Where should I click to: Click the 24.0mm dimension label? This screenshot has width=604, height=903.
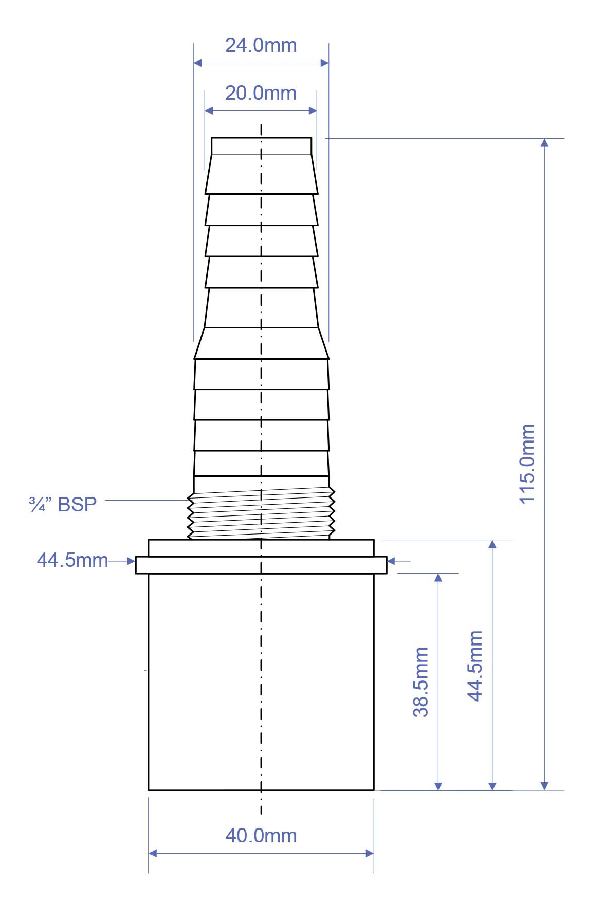point(261,46)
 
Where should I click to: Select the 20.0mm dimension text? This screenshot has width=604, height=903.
point(261,94)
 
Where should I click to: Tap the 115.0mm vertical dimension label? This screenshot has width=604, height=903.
point(527,464)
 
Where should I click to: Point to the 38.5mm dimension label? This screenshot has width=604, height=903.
point(421,682)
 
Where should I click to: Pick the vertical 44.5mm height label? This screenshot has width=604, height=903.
point(475,666)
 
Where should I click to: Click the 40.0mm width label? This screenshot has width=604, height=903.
point(261,836)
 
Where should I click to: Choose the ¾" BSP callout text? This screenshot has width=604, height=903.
point(63,505)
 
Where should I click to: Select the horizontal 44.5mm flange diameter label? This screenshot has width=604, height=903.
point(72,560)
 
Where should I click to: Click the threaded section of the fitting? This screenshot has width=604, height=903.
point(261,513)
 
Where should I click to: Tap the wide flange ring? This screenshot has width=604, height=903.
point(261,565)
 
